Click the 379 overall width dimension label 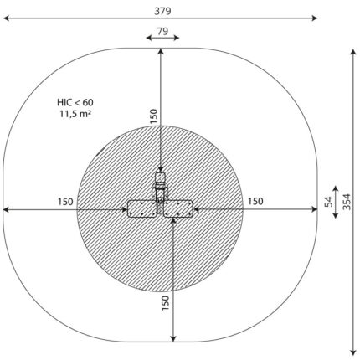coord(162,11)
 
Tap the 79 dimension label coord(162,31)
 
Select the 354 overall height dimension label coord(347,202)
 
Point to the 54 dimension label coord(329,202)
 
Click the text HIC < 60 coord(75,102)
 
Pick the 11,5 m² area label coord(75,114)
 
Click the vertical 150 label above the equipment coord(154,116)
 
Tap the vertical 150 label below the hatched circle coord(165,303)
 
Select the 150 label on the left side coord(65,202)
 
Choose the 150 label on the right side coord(255,201)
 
